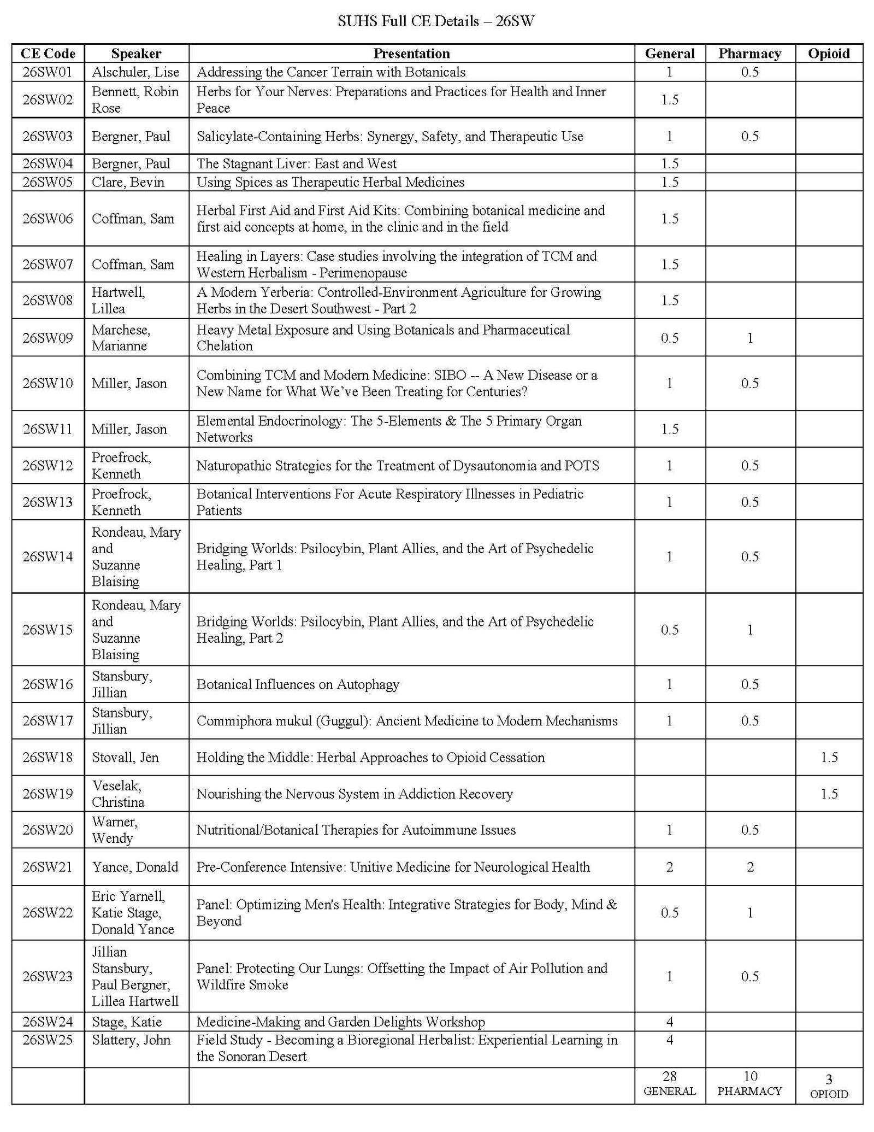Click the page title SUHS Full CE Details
pyautogui.click(x=435, y=21)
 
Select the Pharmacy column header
pyautogui.click(x=749, y=54)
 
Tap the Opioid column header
pyautogui.click(x=829, y=54)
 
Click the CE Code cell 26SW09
pyautogui.click(x=48, y=338)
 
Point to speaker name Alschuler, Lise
pyautogui.click(x=135, y=72)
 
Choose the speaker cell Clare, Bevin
pyautogui.click(x=128, y=182)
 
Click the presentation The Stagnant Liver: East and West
pyautogui.click(x=297, y=163)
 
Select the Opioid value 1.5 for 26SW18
pyautogui.click(x=829, y=757)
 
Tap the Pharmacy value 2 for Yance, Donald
pyautogui.click(x=750, y=867)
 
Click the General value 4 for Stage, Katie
pyautogui.click(x=670, y=1022)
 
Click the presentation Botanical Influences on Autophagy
pyautogui.click(x=298, y=684)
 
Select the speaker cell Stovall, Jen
pyautogui.click(x=125, y=757)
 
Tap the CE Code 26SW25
pyautogui.click(x=48, y=1040)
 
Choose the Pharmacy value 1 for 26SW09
pyautogui.click(x=750, y=338)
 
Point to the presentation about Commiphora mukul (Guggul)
pyautogui.click(x=407, y=721)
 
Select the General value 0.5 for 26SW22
pyautogui.click(x=670, y=913)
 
